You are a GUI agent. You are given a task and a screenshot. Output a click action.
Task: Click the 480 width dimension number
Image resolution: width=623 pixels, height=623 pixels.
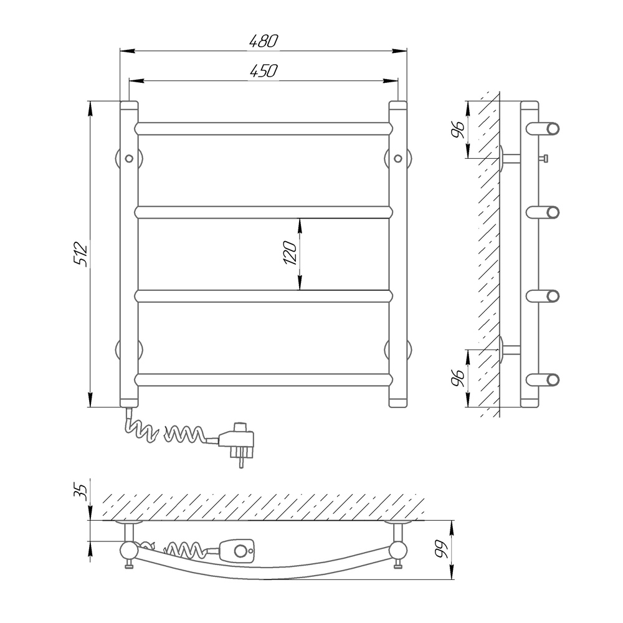(264, 41)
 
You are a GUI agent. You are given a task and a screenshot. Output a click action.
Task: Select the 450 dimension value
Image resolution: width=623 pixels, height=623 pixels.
(264, 71)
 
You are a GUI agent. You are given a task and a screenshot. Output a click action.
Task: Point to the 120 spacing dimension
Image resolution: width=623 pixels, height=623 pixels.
(290, 253)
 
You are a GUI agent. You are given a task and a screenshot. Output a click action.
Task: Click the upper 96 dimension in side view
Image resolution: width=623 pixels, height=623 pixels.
(458, 130)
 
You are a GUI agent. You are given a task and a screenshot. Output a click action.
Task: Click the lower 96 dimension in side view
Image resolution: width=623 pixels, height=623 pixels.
(458, 379)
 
